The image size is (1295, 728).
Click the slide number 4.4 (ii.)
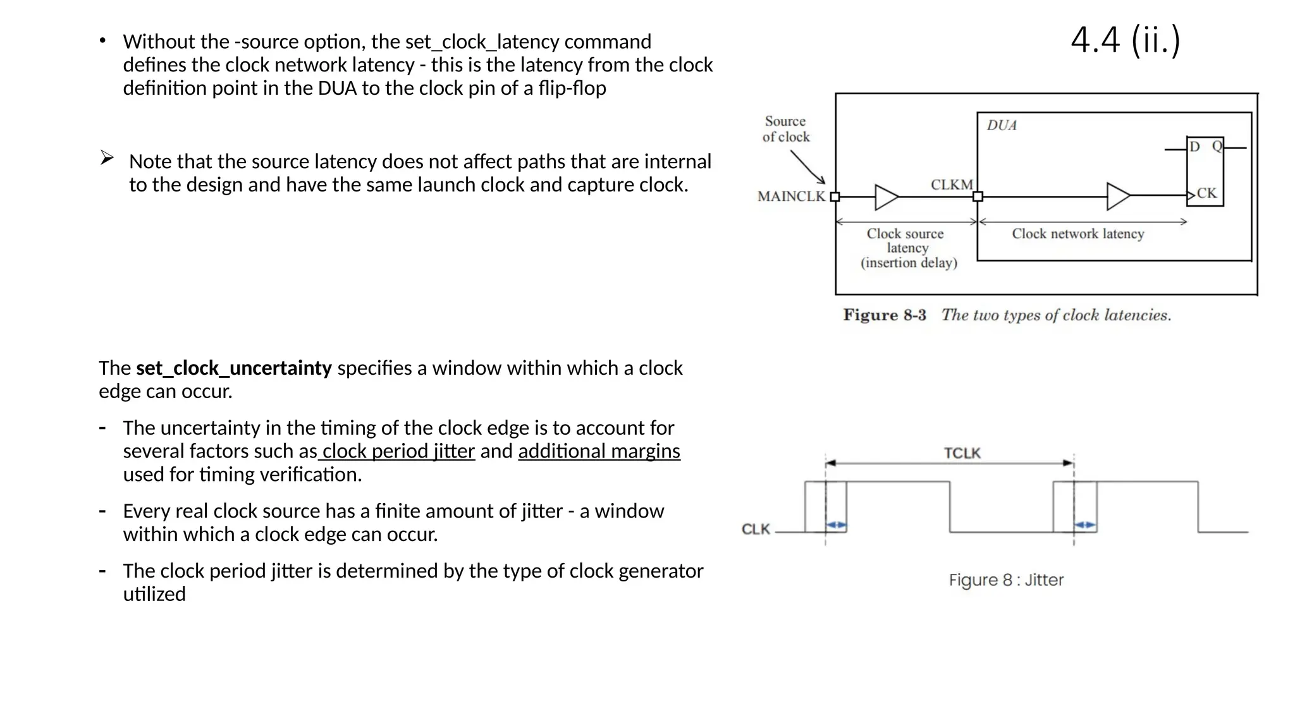1125,40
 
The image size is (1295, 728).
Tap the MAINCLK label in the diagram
791,197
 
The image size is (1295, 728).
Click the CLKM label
952,185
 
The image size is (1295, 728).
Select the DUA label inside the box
1002,125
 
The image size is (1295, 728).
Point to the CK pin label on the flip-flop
1206,193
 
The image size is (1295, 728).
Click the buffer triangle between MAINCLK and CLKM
885,197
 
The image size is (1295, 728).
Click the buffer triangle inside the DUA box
1117,197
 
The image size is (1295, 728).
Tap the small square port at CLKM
978,197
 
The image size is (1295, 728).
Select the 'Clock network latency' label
1077,234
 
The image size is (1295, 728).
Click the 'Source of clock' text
785,129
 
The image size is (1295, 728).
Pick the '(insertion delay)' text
909,263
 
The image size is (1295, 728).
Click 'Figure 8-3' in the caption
884,315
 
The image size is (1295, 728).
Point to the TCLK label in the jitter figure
962,453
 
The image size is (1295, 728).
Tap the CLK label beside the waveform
756,529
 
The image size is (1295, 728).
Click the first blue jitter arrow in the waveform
836,525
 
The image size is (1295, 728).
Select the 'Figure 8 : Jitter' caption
1005,579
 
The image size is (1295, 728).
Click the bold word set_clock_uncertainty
233,368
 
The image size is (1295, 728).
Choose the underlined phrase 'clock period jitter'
398,451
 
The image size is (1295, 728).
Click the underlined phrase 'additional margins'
599,451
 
